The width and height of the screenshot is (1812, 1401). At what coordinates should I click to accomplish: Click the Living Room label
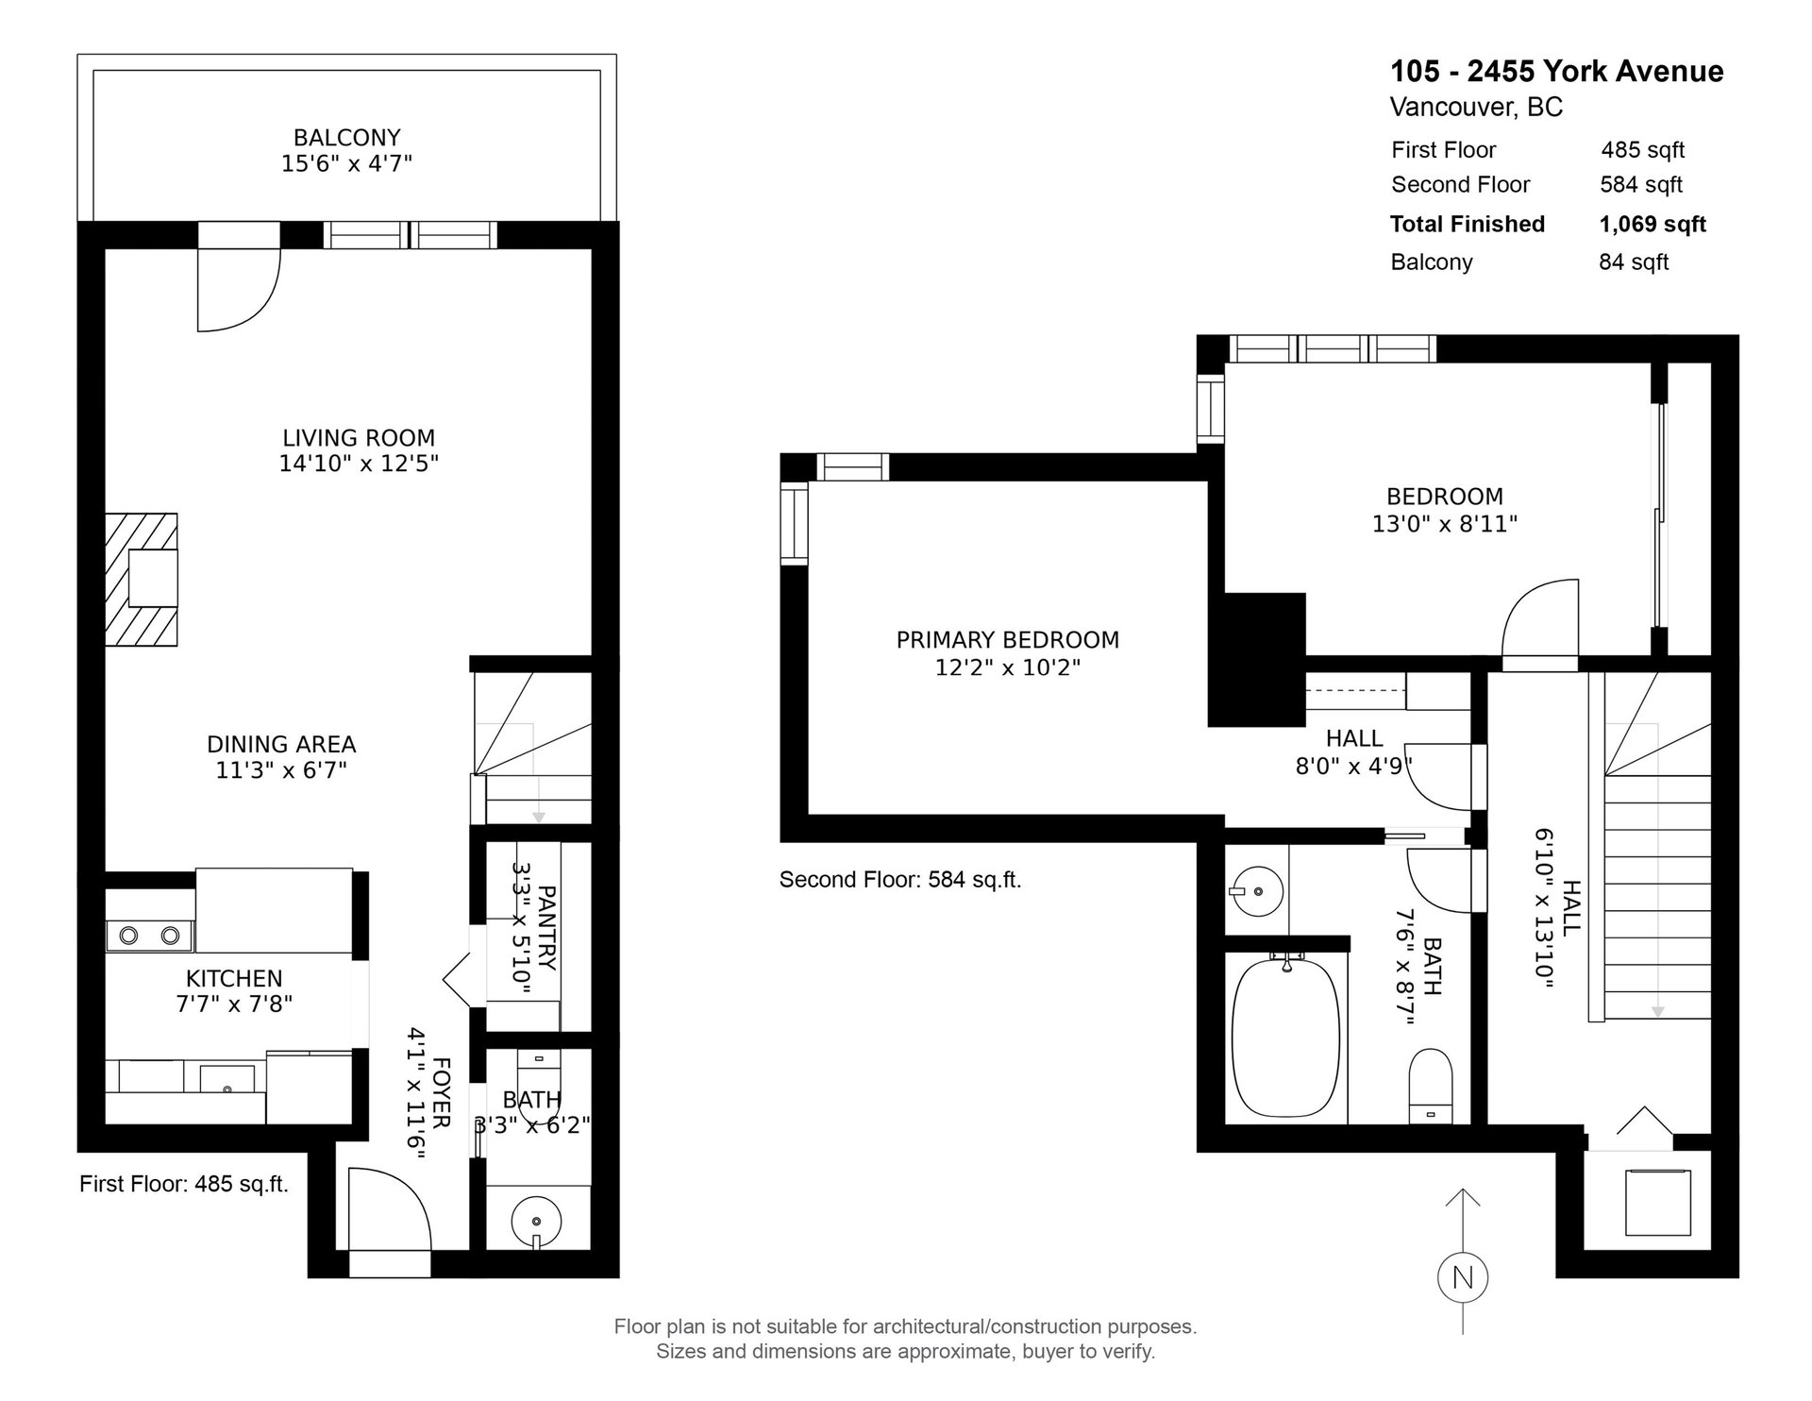coord(359,438)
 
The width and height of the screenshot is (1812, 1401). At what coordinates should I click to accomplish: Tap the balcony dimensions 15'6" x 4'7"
coord(346,163)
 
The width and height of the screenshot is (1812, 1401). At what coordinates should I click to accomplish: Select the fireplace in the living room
coord(142,579)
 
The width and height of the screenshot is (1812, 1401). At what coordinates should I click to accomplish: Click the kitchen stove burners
coord(149,936)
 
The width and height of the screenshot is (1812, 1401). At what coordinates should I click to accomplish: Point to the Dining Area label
coord(281,745)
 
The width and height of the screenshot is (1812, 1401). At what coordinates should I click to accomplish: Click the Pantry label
coord(546,927)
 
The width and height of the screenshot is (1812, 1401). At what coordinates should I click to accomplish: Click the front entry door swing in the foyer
coord(389,1208)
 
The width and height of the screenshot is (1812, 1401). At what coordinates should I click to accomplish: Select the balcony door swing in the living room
coord(238,290)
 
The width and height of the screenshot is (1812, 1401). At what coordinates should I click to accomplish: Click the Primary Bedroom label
coord(1008,640)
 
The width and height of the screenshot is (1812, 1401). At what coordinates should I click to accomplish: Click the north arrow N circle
coord(1463,1278)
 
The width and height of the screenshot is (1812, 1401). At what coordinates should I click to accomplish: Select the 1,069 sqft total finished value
coord(1653,224)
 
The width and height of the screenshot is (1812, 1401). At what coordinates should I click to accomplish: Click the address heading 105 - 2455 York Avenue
coord(1557,71)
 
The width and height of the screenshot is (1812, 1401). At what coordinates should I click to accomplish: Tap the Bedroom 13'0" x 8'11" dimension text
coord(1444,523)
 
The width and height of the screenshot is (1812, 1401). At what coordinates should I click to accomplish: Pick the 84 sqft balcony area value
coord(1634,262)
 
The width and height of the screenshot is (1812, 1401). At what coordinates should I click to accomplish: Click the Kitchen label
coord(234,978)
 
